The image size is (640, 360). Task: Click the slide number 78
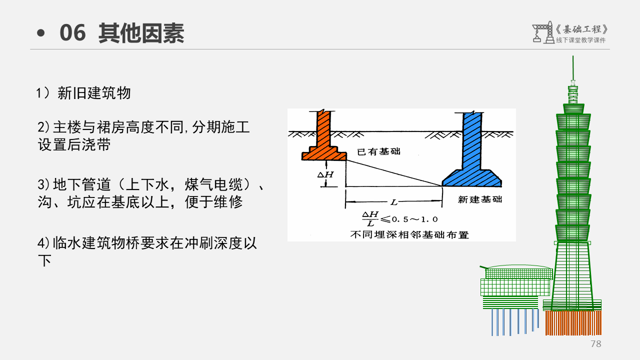(x=595, y=344)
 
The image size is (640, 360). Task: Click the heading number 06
(x=73, y=33)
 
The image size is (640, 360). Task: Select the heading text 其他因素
(x=141, y=33)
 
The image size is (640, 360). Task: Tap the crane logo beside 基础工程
(x=541, y=32)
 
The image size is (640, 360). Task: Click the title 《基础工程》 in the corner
(x=582, y=29)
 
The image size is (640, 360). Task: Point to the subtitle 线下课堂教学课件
(x=580, y=40)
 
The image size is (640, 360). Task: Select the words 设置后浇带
(x=74, y=145)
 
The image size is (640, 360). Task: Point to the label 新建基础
(x=480, y=199)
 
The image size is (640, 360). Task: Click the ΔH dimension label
(x=325, y=174)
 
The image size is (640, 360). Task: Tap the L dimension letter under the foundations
(x=394, y=202)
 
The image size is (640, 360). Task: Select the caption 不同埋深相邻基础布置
(x=409, y=234)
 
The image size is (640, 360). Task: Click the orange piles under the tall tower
(x=573, y=323)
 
